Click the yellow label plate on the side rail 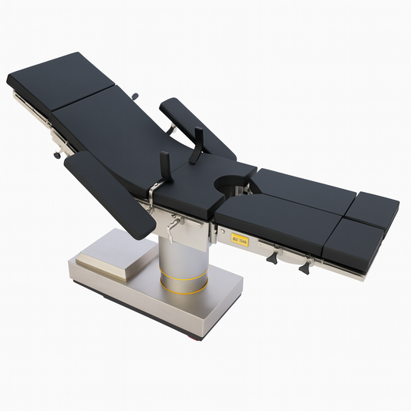[239, 238]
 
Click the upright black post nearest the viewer [165, 167]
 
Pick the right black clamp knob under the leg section [305, 266]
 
